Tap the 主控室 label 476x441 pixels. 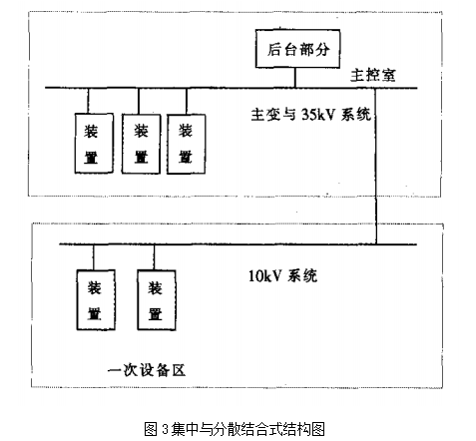(373, 75)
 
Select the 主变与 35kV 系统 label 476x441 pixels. (310, 115)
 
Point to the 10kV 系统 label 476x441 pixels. (282, 275)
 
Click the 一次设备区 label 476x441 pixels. (147, 370)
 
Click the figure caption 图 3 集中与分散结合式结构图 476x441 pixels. (235, 429)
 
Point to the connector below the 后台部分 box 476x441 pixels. (295, 78)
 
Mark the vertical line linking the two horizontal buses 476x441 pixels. (376, 167)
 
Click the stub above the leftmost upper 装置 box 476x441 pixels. (88, 101)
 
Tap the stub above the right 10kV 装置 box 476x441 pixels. (154, 257)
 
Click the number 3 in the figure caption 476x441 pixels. (166, 429)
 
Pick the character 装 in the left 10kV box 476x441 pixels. (95, 288)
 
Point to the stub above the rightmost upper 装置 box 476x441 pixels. (187, 101)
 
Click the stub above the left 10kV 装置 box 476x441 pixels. (94, 257)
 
